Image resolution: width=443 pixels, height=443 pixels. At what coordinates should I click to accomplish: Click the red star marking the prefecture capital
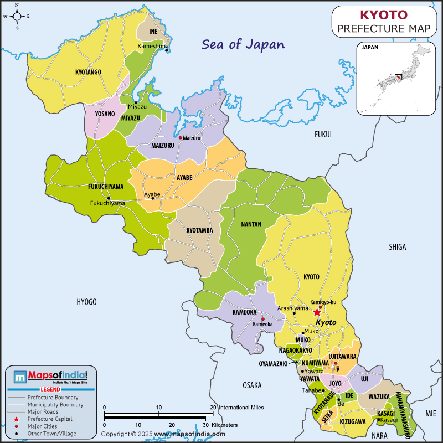click(x=317, y=312)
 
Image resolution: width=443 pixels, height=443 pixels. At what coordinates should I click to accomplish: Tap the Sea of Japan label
click(x=243, y=44)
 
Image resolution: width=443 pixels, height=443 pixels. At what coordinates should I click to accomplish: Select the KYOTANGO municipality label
click(x=88, y=72)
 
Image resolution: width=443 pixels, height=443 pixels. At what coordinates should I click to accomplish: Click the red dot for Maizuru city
click(x=180, y=137)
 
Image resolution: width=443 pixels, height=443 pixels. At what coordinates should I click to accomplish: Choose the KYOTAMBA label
click(x=199, y=230)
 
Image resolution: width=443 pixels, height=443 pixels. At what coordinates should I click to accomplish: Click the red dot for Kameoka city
click(x=262, y=319)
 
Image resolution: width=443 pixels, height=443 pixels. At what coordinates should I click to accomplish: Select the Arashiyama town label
click(x=292, y=308)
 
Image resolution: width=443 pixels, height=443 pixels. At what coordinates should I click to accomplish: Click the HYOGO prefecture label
click(x=86, y=302)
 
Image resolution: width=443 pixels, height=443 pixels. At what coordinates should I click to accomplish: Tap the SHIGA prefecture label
click(x=397, y=247)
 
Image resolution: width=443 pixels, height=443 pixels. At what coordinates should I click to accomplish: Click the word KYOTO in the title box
click(x=384, y=15)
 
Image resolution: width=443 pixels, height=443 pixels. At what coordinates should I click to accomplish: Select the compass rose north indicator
click(x=17, y=7)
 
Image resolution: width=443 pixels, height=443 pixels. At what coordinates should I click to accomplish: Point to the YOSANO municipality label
click(x=105, y=114)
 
